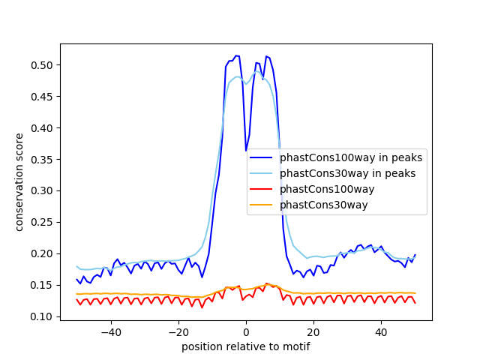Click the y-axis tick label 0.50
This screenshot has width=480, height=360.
tap(43, 65)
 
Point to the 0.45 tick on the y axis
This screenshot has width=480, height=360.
tap(43, 97)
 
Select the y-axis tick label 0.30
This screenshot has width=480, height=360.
tap(43, 191)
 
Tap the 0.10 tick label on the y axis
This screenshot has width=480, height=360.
tap(43, 316)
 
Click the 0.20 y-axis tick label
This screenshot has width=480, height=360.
tap(43, 253)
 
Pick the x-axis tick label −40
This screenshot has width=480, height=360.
tap(110, 332)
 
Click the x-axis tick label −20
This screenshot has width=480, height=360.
tap(178, 332)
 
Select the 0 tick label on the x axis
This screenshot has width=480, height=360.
tap(246, 332)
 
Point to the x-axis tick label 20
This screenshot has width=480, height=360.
tap(313, 332)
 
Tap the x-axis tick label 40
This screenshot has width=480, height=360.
tap(381, 332)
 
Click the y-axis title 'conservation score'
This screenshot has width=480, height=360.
tap(19, 182)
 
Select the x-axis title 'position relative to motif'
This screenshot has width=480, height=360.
tap(245, 346)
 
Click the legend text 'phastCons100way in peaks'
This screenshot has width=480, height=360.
tap(351, 158)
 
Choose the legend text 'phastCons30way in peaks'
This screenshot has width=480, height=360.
tap(347, 174)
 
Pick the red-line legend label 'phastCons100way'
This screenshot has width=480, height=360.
tap(327, 190)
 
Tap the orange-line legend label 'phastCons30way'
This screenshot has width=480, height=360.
tap(324, 205)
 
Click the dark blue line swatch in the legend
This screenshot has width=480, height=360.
tap(262, 158)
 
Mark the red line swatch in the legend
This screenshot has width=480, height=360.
tap(262, 190)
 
